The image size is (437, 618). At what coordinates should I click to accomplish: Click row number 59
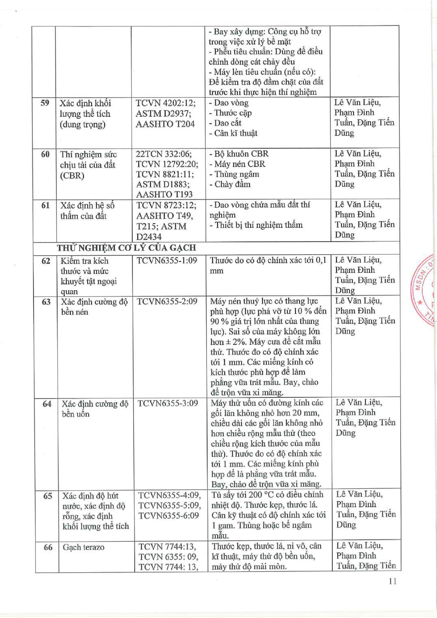45,103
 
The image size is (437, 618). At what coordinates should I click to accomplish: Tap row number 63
46,302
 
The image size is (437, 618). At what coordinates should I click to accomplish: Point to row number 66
48,547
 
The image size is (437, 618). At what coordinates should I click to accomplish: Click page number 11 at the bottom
393,582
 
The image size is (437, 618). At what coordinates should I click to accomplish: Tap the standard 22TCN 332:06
164,154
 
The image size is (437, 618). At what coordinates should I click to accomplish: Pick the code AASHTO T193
164,194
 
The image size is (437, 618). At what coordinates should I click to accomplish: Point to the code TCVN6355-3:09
168,403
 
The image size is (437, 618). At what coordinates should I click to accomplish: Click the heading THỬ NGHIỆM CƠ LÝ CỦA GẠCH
126,248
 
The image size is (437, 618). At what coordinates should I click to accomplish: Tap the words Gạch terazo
83,547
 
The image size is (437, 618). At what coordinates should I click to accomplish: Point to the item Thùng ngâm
234,174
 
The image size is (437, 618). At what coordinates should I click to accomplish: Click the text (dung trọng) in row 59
83,124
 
